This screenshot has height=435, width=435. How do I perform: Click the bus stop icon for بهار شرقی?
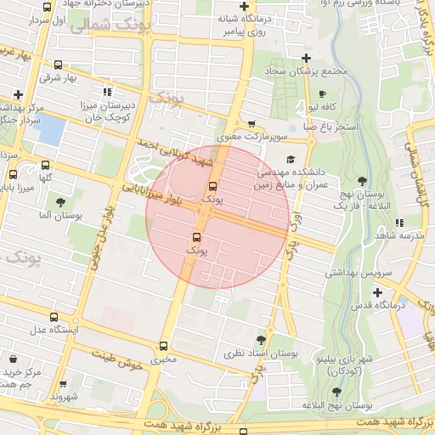point(58,65)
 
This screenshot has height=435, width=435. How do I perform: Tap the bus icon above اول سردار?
point(46,7)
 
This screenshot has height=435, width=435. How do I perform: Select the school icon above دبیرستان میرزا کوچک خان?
point(106,92)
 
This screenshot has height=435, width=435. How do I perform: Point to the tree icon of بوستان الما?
point(59,202)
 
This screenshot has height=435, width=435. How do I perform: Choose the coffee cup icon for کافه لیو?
point(322,93)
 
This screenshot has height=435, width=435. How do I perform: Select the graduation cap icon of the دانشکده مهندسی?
point(291,159)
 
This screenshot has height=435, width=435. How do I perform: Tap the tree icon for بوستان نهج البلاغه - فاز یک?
point(363,181)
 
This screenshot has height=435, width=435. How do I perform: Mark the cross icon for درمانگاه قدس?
point(377,292)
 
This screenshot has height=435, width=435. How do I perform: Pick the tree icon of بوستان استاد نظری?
point(261,339)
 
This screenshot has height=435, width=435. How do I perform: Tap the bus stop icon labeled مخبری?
point(163,345)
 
